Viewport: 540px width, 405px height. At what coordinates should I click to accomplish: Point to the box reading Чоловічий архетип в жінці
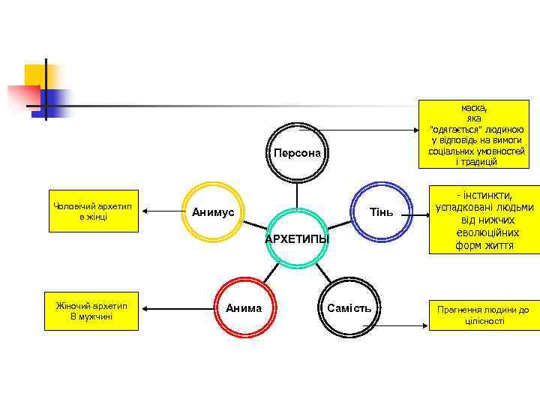tap(91, 211)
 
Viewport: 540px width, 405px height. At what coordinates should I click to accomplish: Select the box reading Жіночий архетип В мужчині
tap(91, 310)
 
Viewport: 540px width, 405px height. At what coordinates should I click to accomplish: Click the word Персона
tap(297, 153)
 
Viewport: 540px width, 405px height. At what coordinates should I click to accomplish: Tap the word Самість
tap(349, 308)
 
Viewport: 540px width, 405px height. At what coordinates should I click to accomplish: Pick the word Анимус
tap(213, 212)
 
